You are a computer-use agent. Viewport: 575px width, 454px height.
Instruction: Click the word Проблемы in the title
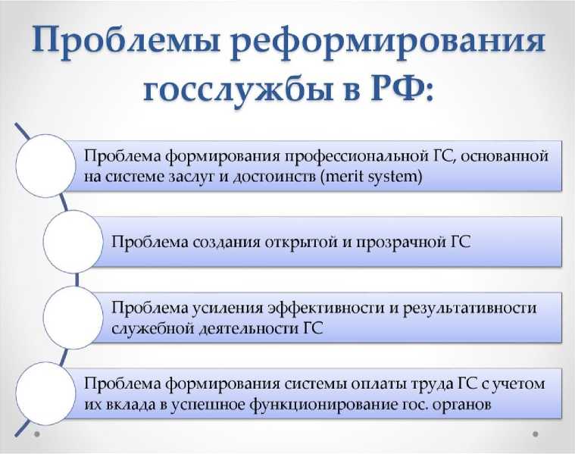coord(126,39)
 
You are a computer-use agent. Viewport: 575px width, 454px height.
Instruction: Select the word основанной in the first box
coord(504,156)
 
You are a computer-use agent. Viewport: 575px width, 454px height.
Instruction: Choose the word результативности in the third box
coord(470,308)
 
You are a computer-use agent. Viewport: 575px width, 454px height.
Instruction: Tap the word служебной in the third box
coord(152,328)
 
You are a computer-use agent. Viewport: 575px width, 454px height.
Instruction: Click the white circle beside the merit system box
coord(46,165)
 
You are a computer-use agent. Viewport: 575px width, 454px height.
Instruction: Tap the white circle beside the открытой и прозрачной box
coord(73,242)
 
